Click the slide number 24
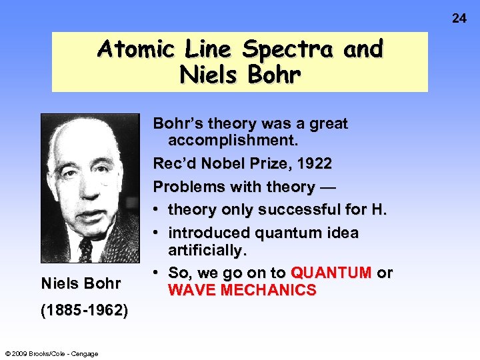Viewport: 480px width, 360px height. point(459,18)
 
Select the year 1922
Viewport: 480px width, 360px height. point(313,164)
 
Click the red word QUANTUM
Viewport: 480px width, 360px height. point(331,273)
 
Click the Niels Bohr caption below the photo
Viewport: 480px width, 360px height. point(81,284)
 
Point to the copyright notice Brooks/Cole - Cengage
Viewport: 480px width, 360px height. point(51,353)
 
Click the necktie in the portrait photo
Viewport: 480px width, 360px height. point(85,250)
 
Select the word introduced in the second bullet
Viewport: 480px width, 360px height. point(207,233)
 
